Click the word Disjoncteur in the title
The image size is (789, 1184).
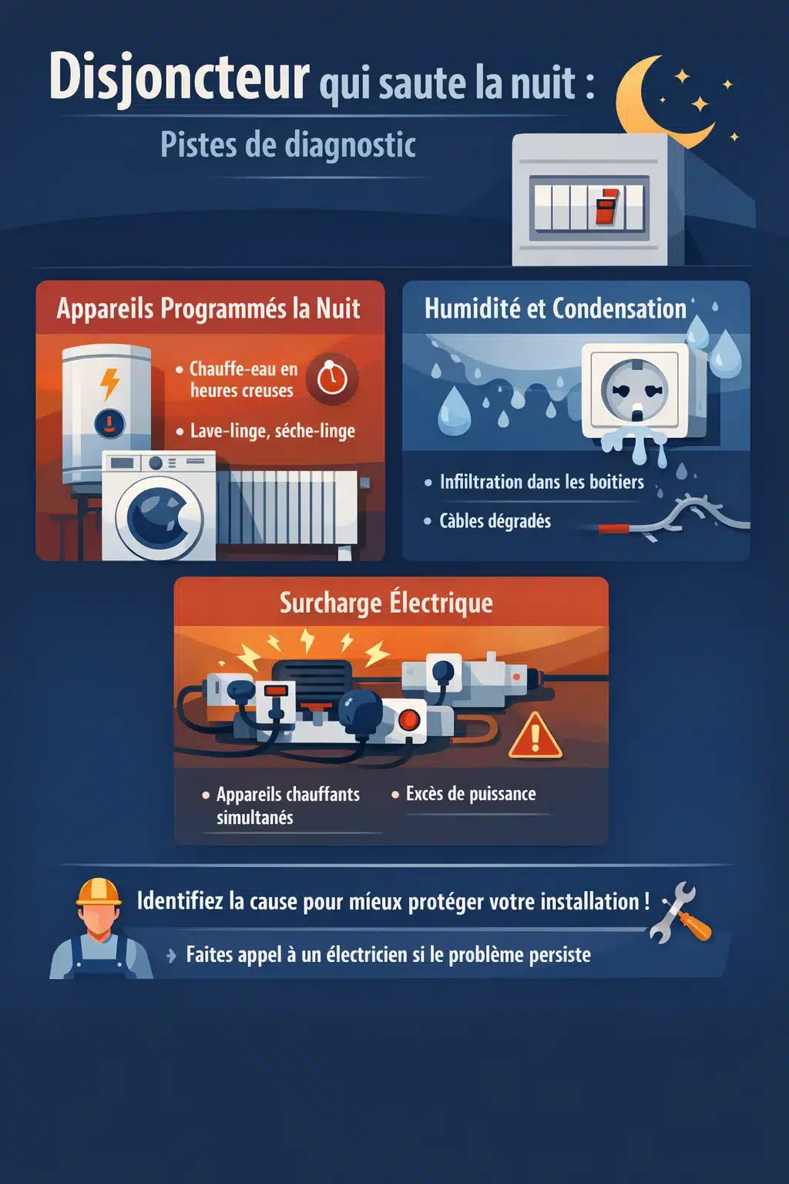[x=179, y=79]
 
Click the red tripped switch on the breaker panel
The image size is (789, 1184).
[x=606, y=207]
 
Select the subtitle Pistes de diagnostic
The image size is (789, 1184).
[x=288, y=145]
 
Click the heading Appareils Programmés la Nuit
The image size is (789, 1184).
[x=208, y=308]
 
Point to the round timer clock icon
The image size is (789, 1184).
[x=332, y=378]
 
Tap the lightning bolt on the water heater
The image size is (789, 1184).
[x=110, y=383]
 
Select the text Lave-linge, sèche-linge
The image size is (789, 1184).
[x=272, y=431]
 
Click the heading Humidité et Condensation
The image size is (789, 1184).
[x=555, y=308]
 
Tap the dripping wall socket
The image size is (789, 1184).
[x=636, y=393]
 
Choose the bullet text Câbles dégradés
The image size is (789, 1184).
[x=495, y=521]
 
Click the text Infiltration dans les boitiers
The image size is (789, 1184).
[x=541, y=483]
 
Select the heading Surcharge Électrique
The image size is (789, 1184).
[x=386, y=603]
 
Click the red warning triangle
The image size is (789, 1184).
[x=536, y=738]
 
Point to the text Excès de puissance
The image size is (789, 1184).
[x=470, y=794]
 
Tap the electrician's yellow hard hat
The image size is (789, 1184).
[x=99, y=892]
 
